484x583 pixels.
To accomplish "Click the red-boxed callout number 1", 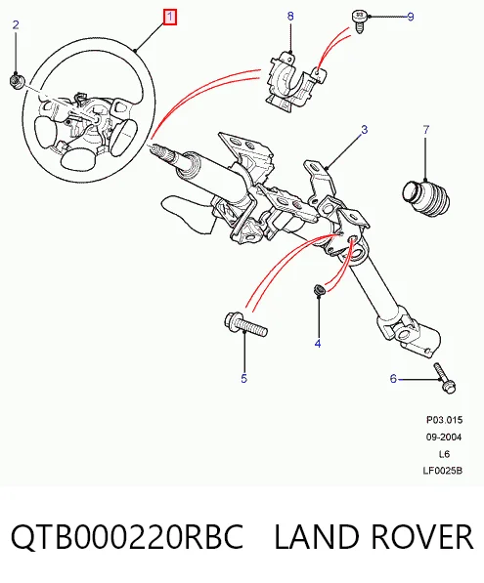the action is [x=170, y=18].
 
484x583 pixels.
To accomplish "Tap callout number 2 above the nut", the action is [x=16, y=25].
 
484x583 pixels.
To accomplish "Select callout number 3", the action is [x=364, y=129].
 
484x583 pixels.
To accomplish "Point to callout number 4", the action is [x=318, y=344].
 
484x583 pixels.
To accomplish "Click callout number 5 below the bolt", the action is [x=243, y=379].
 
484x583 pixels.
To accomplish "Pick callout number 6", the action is [x=393, y=379].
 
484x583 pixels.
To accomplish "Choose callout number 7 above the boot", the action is [x=426, y=130].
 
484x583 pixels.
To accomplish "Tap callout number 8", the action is [x=290, y=16].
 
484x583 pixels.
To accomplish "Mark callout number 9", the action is [x=411, y=17].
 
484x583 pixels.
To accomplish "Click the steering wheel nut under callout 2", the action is [x=17, y=81].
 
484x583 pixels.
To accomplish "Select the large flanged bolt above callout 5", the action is [x=246, y=324].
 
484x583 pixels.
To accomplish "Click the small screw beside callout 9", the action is [x=359, y=21].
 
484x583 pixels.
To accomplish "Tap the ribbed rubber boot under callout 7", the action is [x=426, y=198].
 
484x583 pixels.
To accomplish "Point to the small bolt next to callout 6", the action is [x=445, y=378].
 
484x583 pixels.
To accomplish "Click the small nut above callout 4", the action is [x=319, y=289].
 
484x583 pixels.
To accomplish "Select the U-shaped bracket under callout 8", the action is [x=294, y=82].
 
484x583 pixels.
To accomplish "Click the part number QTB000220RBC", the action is [x=127, y=537].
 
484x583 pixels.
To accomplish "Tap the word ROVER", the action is [x=422, y=536].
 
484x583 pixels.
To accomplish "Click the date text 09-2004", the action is [x=444, y=437].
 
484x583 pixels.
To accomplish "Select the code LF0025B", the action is [x=442, y=471].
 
